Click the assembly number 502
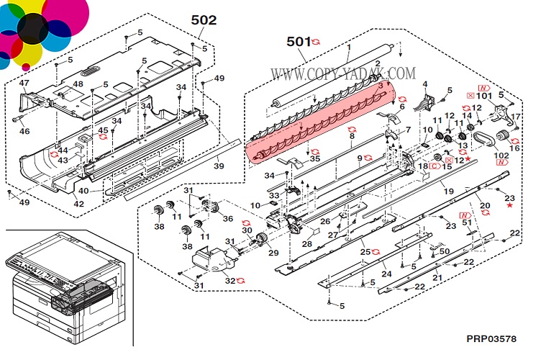coord(204,20)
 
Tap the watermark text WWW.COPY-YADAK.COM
coord(343,73)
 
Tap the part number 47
coord(24,84)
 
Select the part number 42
coord(79,204)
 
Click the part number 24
coord(386,274)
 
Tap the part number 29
coord(273,254)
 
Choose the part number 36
coord(227,219)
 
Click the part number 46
coord(24,132)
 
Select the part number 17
coord(516,117)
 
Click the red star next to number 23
coord(510,206)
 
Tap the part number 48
coord(78,84)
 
